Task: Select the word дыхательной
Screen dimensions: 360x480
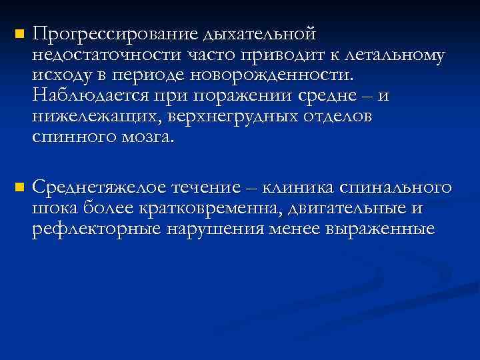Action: [x=261, y=34]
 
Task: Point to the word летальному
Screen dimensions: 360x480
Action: [x=389, y=55]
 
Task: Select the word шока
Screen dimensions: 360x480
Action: [x=55, y=209]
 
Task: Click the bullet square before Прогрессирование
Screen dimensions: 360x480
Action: [x=18, y=34]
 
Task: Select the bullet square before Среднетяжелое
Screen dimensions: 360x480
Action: [x=18, y=188]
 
